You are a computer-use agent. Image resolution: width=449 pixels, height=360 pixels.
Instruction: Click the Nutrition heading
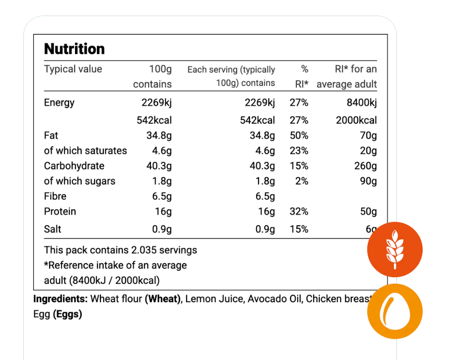74,49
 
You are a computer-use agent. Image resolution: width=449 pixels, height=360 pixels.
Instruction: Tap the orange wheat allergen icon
394,249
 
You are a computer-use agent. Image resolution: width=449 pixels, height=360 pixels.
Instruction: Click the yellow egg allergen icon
395,311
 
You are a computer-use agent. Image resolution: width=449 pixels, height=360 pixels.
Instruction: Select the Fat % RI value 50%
299,136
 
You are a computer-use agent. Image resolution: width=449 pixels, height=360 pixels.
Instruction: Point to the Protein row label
60,212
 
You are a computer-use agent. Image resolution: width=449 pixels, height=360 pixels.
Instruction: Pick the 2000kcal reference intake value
356,120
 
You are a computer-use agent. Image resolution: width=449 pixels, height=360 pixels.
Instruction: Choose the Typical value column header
73,69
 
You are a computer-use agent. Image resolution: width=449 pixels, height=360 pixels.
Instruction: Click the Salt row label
53,229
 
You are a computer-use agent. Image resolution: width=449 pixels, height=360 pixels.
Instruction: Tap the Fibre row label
55,197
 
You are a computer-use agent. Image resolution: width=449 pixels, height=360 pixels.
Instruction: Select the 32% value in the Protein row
299,212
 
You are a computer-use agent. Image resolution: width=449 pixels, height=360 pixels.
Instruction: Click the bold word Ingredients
60,299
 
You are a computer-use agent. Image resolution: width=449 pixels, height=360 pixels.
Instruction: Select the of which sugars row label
79,181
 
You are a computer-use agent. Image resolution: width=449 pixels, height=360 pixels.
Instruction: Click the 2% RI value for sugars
301,181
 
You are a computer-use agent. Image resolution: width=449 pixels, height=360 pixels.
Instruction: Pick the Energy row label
59,103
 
